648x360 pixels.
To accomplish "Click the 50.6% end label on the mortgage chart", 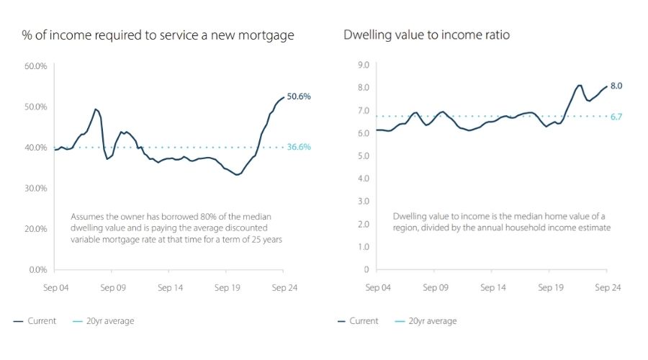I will click(x=299, y=96).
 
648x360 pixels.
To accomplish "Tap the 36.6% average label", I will click(x=299, y=147).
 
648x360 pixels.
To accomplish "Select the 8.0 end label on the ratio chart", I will click(x=616, y=86).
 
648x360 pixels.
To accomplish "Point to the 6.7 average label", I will click(x=616, y=117).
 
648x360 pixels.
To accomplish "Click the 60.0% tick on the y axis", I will click(x=35, y=66).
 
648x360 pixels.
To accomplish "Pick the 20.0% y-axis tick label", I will click(x=35, y=229).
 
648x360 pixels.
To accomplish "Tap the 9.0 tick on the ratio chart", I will click(x=363, y=66).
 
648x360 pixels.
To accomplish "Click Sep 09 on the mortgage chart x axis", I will click(x=112, y=287).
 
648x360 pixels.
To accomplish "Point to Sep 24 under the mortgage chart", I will click(x=283, y=287).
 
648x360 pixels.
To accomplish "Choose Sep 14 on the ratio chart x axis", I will click(x=492, y=287).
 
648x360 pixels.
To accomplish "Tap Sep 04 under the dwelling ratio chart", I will click(x=377, y=287).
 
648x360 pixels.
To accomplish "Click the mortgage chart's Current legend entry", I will click(x=42, y=321).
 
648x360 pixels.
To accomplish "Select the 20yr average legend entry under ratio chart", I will click(x=432, y=321).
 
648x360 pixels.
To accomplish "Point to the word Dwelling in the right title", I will click(x=367, y=35).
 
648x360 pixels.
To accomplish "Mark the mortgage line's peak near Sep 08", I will click(x=95, y=109).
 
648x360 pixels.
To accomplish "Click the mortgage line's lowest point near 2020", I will click(x=237, y=175).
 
